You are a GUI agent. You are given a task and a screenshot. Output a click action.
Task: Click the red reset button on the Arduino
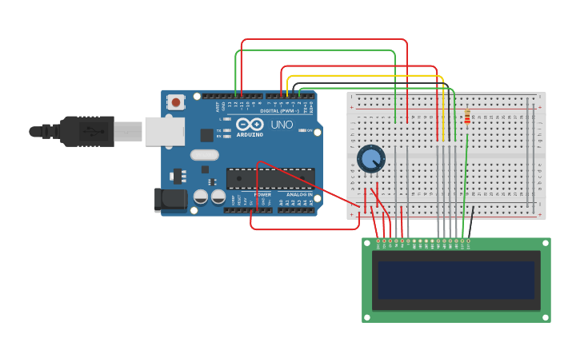coord(175,101)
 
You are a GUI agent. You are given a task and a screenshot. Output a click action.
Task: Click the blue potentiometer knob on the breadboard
coord(370,158)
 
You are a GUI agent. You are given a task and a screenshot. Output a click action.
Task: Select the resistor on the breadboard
coord(467,118)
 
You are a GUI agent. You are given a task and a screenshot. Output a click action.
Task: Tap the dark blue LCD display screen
coord(456,280)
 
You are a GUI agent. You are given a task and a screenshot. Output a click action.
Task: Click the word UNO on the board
coord(282,125)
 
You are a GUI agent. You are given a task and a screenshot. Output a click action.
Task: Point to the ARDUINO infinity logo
coord(250,125)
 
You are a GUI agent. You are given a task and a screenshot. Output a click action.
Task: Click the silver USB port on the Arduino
coord(164,131)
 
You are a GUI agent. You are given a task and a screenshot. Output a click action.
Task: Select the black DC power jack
coord(170,199)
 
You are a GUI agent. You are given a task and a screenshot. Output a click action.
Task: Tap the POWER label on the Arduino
coord(262,194)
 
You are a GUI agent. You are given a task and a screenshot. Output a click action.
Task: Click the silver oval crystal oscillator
coord(204,155)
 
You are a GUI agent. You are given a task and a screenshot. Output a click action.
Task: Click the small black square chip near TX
coord(206,135)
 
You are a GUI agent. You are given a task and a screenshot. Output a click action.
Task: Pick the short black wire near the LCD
coord(471,221)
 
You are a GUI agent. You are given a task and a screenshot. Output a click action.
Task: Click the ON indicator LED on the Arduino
coord(300,130)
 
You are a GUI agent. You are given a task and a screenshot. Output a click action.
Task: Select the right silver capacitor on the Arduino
coord(218,196)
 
